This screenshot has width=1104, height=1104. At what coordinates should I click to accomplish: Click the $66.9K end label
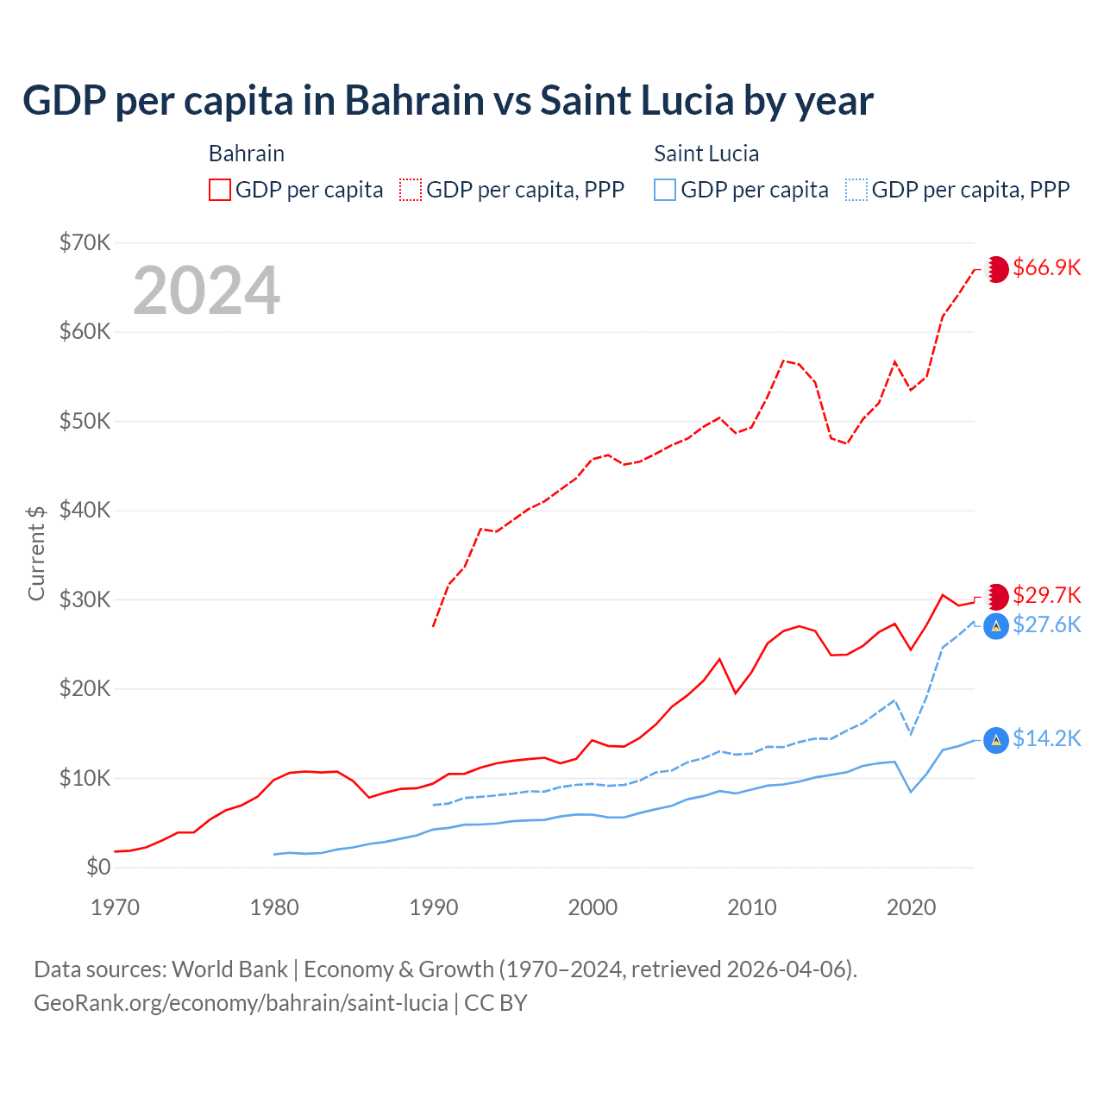click(1046, 267)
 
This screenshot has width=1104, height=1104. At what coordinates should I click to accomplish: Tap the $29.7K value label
click(1046, 595)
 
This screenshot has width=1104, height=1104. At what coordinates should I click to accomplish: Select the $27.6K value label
click(1046, 624)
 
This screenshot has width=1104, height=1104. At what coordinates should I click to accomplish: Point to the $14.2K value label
click(1046, 738)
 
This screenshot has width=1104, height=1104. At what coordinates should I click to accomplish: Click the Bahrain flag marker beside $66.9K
click(997, 269)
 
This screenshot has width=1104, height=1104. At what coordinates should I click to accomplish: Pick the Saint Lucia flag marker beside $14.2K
click(996, 740)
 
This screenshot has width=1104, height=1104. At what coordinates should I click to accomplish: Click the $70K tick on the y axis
click(85, 242)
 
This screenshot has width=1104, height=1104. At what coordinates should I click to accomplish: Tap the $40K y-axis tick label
click(85, 510)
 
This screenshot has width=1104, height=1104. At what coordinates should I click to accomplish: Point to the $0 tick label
click(98, 867)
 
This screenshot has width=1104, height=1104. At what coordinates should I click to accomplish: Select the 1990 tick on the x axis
click(433, 907)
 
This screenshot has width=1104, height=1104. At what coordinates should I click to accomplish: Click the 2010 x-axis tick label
click(752, 907)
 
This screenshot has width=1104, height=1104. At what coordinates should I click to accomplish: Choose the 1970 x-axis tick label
click(115, 907)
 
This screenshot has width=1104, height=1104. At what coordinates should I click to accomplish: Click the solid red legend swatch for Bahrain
click(220, 190)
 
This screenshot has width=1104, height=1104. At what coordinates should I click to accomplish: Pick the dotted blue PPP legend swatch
click(856, 190)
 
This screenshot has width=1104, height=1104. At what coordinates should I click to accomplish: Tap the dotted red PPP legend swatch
click(411, 190)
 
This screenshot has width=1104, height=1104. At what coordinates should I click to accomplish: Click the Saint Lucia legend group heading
click(706, 154)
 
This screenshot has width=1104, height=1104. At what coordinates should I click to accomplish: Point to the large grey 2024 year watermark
click(206, 291)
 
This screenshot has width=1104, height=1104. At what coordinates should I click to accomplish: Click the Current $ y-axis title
click(36, 553)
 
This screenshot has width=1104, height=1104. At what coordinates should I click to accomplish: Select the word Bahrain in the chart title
click(415, 101)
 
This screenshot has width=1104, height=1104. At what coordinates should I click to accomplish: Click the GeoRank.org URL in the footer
click(241, 1003)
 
